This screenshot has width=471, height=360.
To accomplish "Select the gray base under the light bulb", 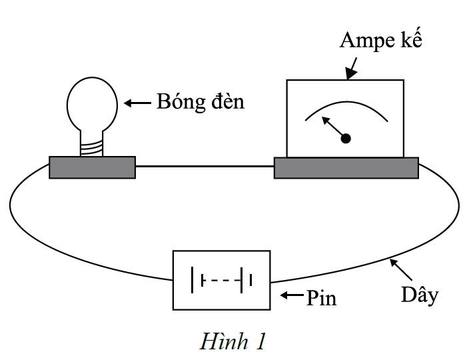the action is click(92, 167).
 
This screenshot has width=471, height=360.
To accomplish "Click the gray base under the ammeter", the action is click(346, 168).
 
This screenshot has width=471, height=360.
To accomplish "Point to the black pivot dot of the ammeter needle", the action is click(346, 139).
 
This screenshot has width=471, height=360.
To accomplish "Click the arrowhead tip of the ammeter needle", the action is click(322, 117).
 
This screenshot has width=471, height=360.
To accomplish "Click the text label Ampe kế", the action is click(380, 39).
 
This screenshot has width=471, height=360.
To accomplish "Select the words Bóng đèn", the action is click(201, 101).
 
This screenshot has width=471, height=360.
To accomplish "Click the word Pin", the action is click(321, 298).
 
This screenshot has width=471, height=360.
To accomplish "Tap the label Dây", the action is click(420, 295).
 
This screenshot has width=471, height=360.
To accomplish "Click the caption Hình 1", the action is click(233, 341).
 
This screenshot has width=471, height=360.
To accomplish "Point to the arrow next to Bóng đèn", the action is click(137, 103).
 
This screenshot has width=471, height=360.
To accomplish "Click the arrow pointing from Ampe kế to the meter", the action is click(352, 69).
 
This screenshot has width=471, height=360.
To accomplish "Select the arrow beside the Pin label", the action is click(292, 295).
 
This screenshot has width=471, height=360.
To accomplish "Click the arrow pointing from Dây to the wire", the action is click(400, 269).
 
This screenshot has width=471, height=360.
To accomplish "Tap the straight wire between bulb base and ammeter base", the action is click(205, 166).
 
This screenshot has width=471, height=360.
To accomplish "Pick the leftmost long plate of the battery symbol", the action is click(193, 280).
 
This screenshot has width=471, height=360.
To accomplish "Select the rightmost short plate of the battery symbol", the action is click(250, 280).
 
